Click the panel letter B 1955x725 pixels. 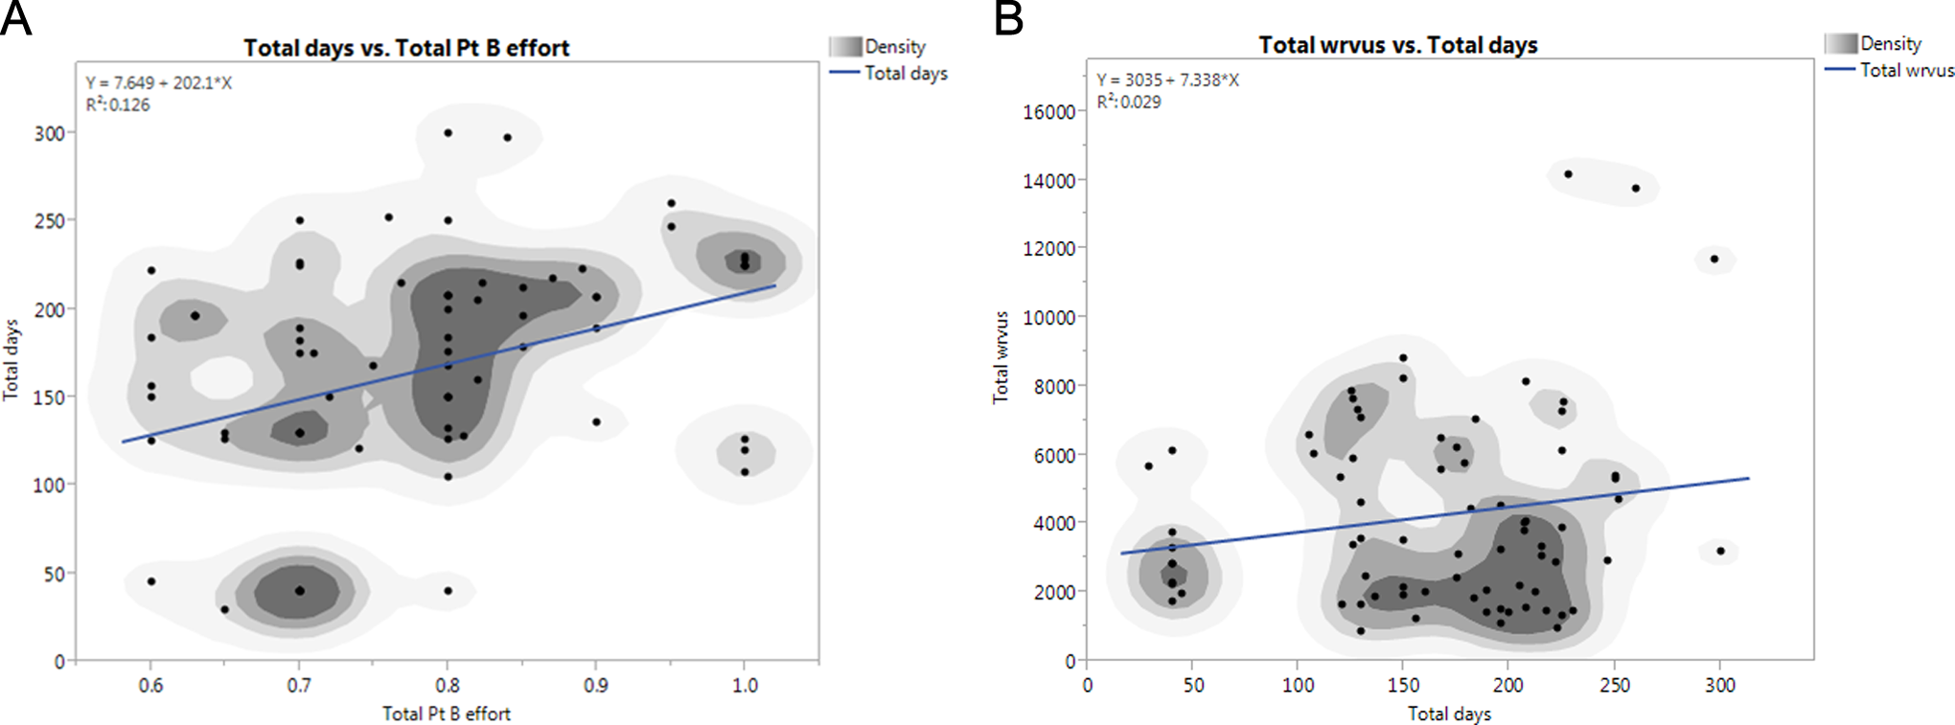point(1008,18)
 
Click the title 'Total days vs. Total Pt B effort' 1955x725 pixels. point(406,48)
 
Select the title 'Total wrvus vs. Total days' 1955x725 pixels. point(1397,45)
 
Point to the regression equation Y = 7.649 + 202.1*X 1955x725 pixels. point(159,83)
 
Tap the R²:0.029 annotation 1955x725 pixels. point(1129,102)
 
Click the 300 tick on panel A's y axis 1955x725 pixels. point(50,134)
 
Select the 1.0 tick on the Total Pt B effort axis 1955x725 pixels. point(745,686)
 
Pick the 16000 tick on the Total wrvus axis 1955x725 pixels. point(1048,112)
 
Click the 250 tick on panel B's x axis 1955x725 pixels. point(1615,686)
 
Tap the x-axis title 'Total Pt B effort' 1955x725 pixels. point(447,714)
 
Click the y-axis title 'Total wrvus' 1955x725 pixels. point(1001,357)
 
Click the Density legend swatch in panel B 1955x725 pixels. point(1840,44)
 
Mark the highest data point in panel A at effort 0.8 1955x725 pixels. point(448,133)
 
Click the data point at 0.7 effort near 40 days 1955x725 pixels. point(300,591)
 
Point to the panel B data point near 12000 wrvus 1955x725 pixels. point(1714,259)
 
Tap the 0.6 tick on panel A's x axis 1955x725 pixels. point(150,686)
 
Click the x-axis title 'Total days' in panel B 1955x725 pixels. point(1449,714)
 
